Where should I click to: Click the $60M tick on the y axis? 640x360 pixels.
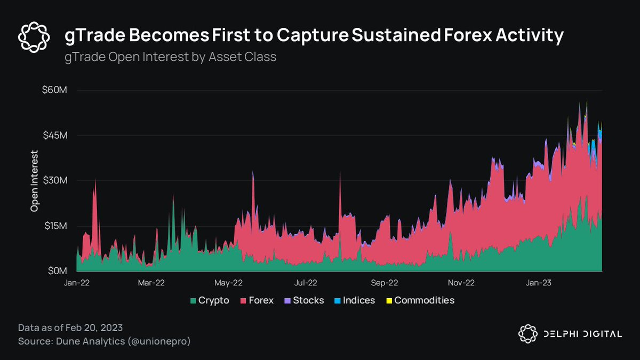tap(55, 90)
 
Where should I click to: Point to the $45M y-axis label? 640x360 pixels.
tap(55, 135)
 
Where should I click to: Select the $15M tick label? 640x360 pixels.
tap(55, 226)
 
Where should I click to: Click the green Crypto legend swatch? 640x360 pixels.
tap(193, 301)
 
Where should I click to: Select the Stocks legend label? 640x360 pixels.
tap(308, 300)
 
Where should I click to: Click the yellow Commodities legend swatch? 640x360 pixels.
tap(389, 301)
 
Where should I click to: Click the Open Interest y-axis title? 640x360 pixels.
tap(35, 181)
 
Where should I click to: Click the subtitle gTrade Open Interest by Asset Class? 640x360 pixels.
tap(170, 57)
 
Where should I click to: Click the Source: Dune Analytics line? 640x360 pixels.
tap(104, 340)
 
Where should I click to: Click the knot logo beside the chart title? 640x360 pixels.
tap(34, 35)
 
